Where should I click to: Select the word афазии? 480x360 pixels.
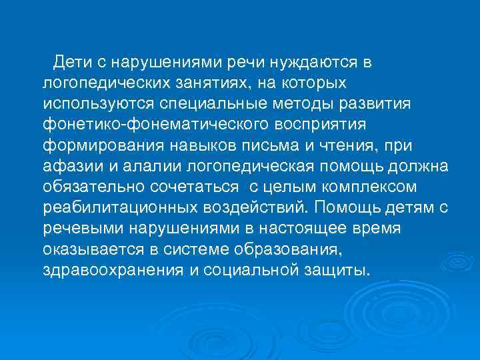point(66,167)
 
